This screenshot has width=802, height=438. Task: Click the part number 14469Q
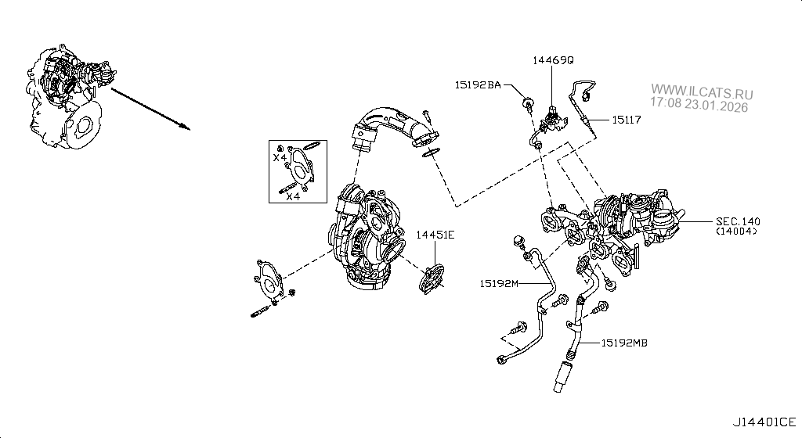click(x=554, y=59)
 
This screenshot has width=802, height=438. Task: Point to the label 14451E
click(x=435, y=234)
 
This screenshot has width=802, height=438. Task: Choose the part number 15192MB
click(x=624, y=342)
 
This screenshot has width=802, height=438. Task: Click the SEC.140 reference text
click(x=737, y=221)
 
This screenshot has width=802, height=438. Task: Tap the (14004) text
click(x=737, y=232)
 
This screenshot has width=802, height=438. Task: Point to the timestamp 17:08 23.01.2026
click(x=700, y=103)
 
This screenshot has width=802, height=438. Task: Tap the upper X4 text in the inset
click(x=280, y=158)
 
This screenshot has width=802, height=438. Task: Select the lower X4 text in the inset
click(x=292, y=196)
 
